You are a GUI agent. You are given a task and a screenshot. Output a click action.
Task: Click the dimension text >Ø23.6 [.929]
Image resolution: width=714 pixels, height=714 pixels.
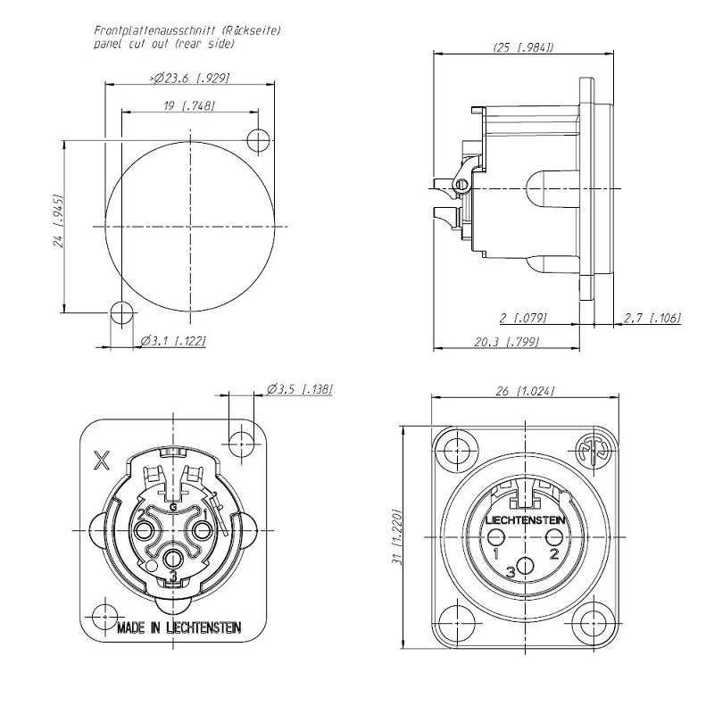coord(191,79)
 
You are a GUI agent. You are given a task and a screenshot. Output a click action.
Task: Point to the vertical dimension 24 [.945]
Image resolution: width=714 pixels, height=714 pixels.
coord(58,220)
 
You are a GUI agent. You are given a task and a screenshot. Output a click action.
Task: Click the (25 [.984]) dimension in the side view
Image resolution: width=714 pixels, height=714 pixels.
coord(523,47)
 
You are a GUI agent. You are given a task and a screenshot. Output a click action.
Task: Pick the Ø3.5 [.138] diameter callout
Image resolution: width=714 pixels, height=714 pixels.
coord(299,389)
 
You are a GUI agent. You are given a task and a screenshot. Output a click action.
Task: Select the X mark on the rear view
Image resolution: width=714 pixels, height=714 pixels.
coord(103,461)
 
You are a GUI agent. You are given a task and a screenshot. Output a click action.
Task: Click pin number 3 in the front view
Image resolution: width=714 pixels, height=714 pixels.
coord(511,571)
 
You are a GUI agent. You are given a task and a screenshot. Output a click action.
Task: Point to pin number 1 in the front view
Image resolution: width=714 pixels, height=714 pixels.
coord(495,553)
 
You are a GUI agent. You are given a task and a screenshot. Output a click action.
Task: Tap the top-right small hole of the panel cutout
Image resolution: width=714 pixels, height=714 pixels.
coord(260,139)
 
